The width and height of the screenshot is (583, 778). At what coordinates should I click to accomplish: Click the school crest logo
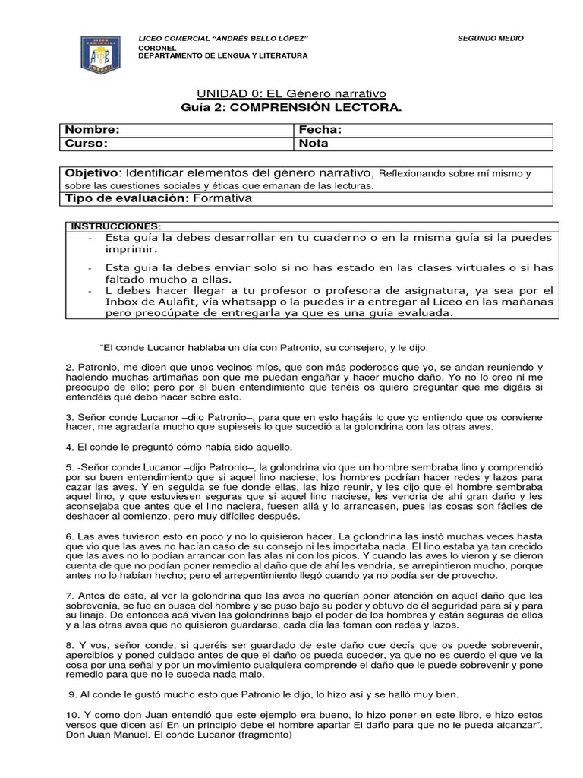coord(101,55)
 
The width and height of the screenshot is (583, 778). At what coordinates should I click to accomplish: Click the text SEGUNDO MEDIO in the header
coord(490,38)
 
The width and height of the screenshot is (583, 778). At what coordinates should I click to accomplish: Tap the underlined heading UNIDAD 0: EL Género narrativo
coord(291,93)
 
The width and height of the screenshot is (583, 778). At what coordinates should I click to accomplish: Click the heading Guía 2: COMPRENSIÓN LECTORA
coord(291,108)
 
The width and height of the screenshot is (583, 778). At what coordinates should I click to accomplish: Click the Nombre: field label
coord(92,130)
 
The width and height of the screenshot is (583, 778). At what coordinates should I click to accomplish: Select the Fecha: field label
coord(320,130)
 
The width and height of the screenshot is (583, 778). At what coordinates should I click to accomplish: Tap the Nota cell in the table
coord(314,142)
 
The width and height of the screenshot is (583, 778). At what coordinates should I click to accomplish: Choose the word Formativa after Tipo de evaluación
coord(222,198)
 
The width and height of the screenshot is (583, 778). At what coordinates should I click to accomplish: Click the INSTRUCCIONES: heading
coord(115,226)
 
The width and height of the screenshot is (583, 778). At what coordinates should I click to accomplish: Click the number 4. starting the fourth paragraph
coord(70,447)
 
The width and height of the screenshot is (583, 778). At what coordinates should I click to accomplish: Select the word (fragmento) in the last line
coord(264,735)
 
